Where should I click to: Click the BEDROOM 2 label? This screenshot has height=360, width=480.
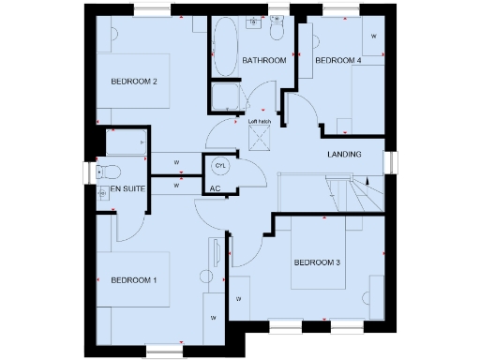(x=133, y=82)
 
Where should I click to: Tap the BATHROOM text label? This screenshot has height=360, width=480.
(x=263, y=61)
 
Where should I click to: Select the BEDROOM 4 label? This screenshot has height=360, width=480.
(x=337, y=61)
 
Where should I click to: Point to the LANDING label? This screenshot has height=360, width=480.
(x=344, y=154)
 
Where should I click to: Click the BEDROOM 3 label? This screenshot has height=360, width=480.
(x=316, y=262)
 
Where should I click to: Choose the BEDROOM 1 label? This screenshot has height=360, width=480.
(x=133, y=280)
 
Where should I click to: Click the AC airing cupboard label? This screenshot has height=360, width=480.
(x=215, y=188)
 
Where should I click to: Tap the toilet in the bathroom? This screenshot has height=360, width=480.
(x=277, y=32)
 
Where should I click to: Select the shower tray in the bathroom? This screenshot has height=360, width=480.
(x=226, y=97)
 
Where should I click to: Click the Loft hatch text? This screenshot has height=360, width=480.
(x=260, y=121)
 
